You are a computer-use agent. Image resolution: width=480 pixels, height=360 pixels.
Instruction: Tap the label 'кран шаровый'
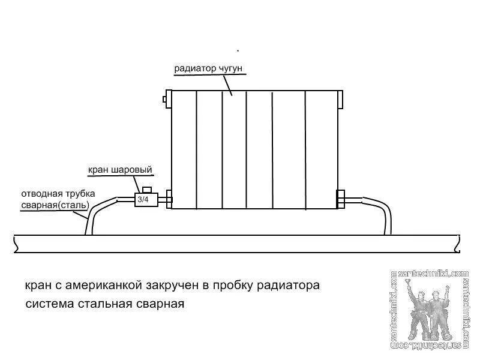click(120, 170)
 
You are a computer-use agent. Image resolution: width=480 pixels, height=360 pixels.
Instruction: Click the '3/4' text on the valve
click(143, 199)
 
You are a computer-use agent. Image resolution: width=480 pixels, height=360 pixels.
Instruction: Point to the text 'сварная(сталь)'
click(55, 205)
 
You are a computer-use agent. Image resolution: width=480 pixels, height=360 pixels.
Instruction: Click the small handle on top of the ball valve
click(145, 189)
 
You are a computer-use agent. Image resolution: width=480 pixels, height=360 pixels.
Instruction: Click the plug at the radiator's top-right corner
click(341, 97)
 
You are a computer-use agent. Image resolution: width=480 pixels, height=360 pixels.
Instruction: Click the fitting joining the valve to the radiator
click(167, 199)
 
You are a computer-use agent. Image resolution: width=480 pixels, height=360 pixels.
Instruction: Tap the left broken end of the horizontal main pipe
click(15, 244)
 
